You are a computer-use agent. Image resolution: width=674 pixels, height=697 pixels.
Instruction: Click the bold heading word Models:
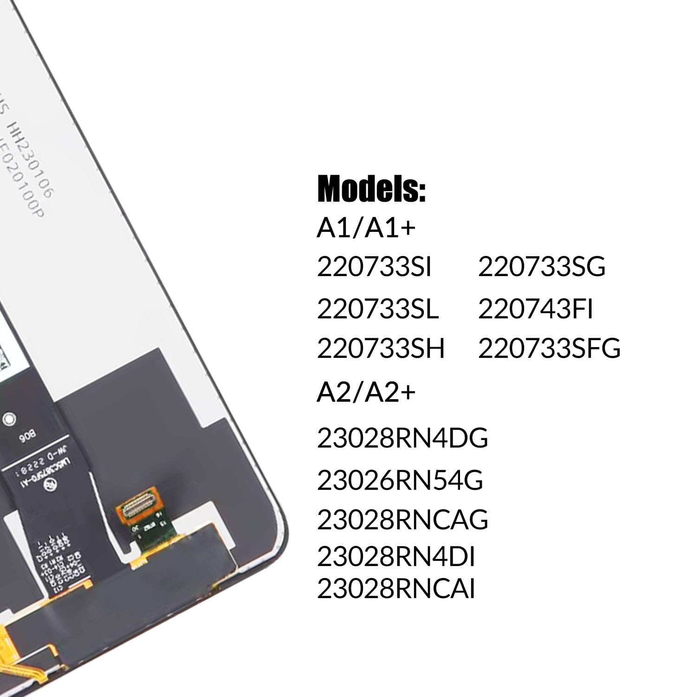[371, 189]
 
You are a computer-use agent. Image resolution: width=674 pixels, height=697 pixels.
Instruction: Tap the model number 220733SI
[374, 268]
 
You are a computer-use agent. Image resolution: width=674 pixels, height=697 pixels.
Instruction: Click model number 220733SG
[542, 268]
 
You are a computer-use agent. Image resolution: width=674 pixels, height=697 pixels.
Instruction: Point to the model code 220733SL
[377, 309]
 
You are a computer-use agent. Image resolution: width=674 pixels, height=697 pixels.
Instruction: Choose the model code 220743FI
[536, 309]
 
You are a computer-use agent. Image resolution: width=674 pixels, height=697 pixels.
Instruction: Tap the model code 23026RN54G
[400, 480]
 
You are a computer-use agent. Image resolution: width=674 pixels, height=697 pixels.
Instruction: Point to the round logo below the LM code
[49, 485]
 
